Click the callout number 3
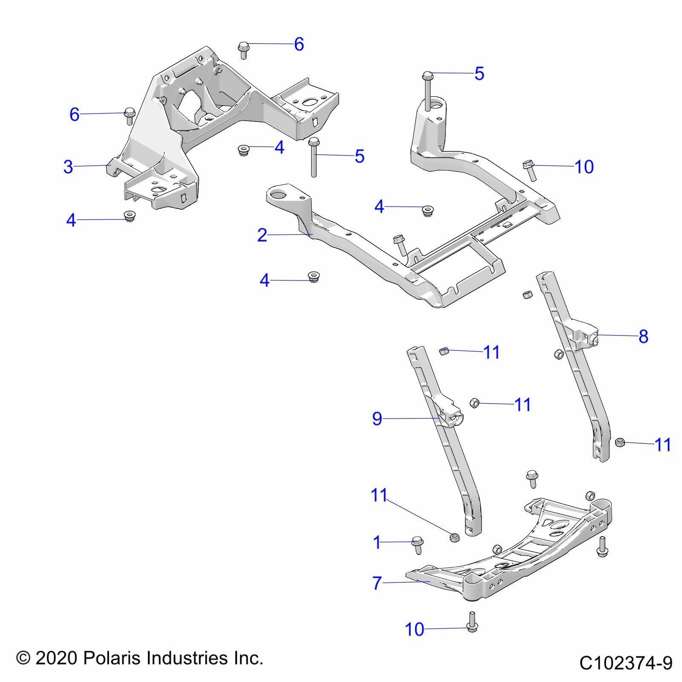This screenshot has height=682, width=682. (68, 167)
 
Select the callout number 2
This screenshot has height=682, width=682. (262, 235)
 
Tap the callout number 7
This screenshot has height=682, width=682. (376, 583)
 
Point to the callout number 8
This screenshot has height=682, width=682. (643, 336)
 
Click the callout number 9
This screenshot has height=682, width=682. (377, 419)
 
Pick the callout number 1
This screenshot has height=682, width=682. (376, 543)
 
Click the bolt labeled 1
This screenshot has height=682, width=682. (417, 544)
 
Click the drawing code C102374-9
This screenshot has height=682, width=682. (626, 663)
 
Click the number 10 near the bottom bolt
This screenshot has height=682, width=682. (414, 629)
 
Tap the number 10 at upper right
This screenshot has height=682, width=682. (584, 167)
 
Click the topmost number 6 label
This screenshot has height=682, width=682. (299, 44)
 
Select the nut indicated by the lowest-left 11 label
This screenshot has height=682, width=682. (455, 537)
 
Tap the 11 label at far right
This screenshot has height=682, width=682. (662, 445)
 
